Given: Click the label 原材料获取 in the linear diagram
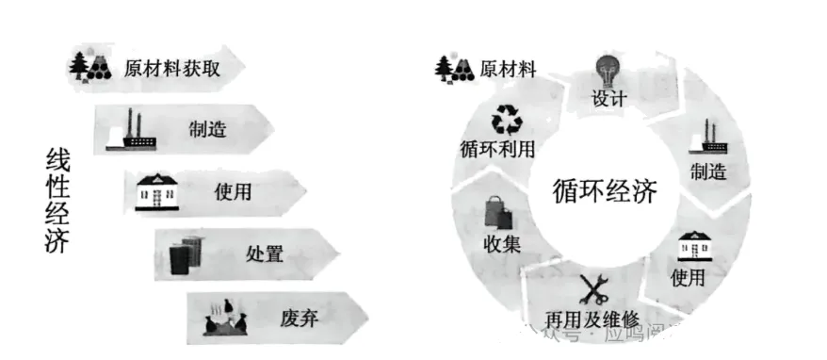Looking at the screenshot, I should coord(176,67).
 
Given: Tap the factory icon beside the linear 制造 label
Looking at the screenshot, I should coord(131,130).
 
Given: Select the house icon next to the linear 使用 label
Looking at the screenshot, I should coord(158,191).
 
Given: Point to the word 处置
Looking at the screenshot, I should coord(264,254).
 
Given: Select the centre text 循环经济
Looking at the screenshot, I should coord(604,191).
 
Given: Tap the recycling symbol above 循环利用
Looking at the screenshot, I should coord(510,120).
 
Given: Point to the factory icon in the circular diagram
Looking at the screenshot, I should coord(708,138).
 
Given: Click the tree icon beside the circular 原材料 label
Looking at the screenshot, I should coord(454,68).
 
